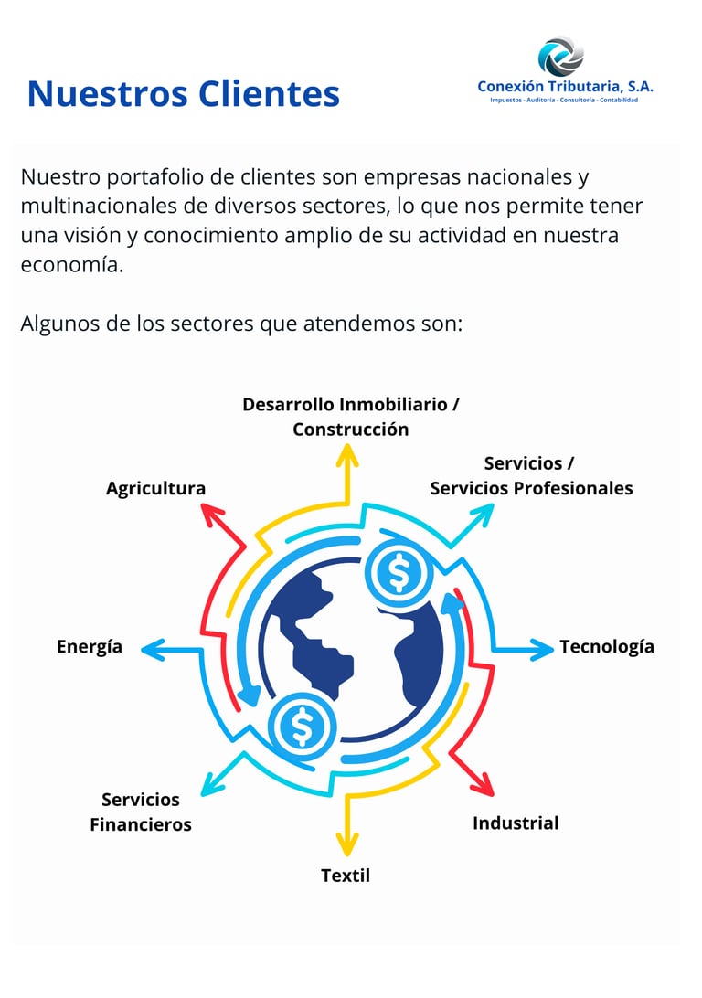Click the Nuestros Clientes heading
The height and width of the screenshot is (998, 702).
point(183,93)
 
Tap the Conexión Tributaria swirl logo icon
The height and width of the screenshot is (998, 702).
point(559,56)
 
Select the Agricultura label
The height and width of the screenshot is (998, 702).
point(155,488)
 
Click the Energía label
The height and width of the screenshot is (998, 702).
point(90,646)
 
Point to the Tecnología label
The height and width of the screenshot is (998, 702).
point(607,646)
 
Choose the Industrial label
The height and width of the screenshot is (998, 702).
point(516,823)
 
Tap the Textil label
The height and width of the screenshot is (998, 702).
point(346,875)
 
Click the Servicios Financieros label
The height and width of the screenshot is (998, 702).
point(141,812)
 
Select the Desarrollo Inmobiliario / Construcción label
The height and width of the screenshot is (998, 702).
point(351,416)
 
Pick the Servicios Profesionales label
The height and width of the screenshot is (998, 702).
point(531,487)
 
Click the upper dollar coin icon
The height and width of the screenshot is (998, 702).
point(399,573)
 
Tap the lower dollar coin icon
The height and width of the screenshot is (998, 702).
point(303,727)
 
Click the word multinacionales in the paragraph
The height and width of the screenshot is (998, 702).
point(97,206)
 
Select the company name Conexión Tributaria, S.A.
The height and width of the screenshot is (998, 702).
point(565,86)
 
